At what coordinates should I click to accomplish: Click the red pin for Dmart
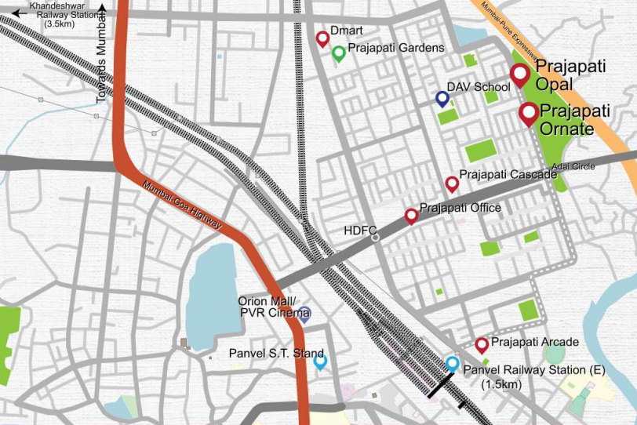tap(322, 38)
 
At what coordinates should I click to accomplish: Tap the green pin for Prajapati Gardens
tap(338, 53)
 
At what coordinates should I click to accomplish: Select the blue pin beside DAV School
tap(442, 98)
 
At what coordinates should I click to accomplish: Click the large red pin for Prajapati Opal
tap(519, 74)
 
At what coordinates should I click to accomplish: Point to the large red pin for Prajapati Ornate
tap(529, 114)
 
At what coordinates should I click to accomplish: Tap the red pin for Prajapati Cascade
tap(452, 183)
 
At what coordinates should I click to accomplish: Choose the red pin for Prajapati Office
tap(410, 216)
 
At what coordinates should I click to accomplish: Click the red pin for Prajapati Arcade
tap(482, 344)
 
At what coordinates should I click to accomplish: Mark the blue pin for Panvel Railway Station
tap(452, 364)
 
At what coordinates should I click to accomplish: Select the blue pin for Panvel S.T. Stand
tap(319, 361)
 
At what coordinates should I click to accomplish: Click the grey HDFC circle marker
tap(375, 236)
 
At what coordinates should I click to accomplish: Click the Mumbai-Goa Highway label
tap(183, 206)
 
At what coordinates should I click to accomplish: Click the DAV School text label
tap(479, 87)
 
